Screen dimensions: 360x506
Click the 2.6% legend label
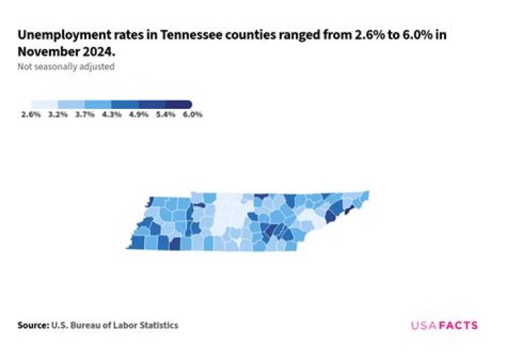pos(31,114)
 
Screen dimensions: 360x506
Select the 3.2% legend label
pos(58,114)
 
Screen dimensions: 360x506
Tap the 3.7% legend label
pos(85,114)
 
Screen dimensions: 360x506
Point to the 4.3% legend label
pos(112,114)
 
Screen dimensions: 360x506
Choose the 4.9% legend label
pos(138,114)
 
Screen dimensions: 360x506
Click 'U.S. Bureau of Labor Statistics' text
pos(115,325)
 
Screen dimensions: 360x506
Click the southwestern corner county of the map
pos(136,243)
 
